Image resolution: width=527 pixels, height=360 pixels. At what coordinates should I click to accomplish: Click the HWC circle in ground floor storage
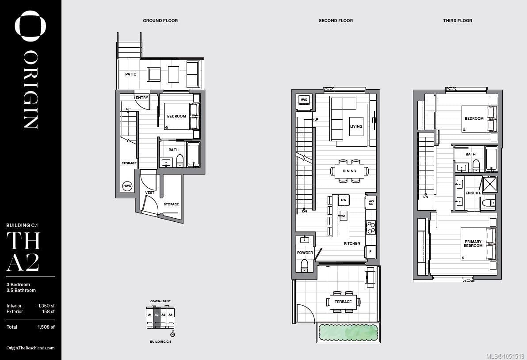127,186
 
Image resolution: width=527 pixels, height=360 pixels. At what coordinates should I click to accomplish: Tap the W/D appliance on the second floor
304,100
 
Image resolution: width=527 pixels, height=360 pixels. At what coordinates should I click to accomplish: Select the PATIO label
131,74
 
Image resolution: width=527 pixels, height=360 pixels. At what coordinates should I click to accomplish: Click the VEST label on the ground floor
150,193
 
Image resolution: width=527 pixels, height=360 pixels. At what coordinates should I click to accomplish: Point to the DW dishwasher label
344,200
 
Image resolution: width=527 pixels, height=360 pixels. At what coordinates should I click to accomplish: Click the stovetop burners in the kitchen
371,227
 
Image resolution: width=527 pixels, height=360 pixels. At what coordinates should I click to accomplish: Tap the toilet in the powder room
305,265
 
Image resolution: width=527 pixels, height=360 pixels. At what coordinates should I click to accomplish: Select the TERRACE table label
343,302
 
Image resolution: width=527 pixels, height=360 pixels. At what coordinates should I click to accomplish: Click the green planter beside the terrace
348,333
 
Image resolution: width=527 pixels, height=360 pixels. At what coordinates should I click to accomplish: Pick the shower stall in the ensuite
489,184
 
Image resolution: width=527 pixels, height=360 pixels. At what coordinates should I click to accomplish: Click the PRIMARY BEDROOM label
473,243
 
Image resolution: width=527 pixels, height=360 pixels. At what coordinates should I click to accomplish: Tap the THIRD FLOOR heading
458,20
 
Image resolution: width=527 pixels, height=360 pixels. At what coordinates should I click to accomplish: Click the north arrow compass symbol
172,334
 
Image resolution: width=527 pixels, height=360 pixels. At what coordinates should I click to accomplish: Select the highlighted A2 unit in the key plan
157,317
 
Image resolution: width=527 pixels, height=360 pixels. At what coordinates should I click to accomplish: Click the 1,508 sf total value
46,327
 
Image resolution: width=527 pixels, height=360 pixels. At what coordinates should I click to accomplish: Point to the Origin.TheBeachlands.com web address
30,348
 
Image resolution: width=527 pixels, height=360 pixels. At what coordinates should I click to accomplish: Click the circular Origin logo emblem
30,26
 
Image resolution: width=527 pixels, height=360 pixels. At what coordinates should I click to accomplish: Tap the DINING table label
350,171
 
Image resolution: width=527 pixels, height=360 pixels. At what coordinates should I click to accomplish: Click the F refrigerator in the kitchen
370,251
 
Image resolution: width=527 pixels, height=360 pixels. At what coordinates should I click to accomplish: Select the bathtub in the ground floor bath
193,154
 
